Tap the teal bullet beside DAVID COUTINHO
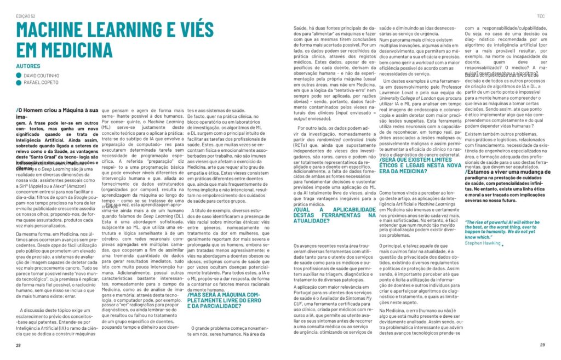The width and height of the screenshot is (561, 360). point(19,75)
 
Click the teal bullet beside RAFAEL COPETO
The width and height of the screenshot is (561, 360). point(19,83)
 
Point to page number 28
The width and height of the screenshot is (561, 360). point(19,345)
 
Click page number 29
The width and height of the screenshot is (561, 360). point(542,345)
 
